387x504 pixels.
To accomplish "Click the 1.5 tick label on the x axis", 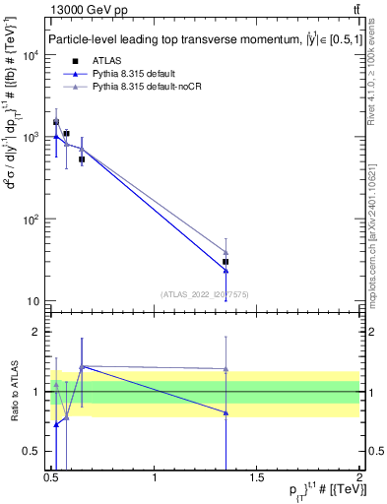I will coord(257,477).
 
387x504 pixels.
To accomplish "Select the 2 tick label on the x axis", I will coord(359,477).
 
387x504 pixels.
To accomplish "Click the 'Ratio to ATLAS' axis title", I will coord(14,391).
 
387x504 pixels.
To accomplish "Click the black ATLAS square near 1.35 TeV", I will coord(226,262).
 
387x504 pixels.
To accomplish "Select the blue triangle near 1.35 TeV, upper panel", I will coord(226,270).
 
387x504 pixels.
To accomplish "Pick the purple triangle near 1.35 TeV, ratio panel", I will coord(226,369).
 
